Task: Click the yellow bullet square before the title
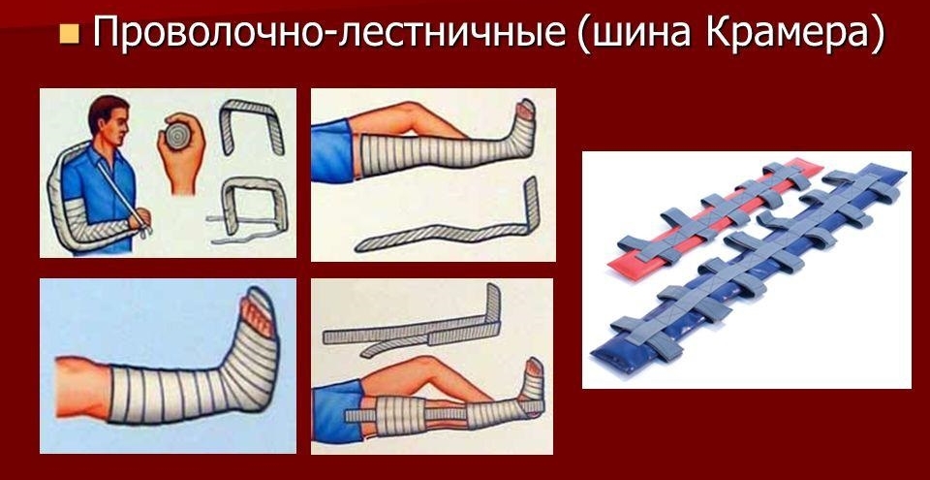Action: point(69,36)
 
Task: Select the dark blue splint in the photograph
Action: point(756,281)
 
